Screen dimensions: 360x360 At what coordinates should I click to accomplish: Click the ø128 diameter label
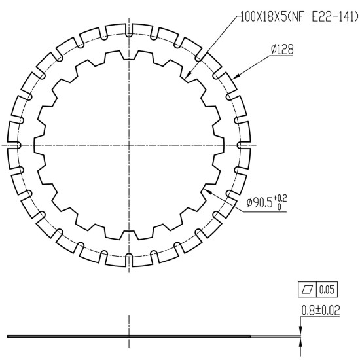[x=282, y=49]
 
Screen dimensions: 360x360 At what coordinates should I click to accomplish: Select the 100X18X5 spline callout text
[x=264, y=17]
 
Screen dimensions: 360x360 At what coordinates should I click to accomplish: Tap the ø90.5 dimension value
[x=259, y=202]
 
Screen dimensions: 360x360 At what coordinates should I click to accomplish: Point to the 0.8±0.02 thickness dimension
[x=321, y=310]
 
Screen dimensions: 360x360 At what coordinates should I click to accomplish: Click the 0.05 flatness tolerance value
[x=327, y=289]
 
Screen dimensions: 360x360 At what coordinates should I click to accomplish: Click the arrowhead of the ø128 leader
[x=236, y=77]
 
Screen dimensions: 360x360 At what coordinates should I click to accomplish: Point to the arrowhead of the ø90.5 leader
[x=206, y=191]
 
